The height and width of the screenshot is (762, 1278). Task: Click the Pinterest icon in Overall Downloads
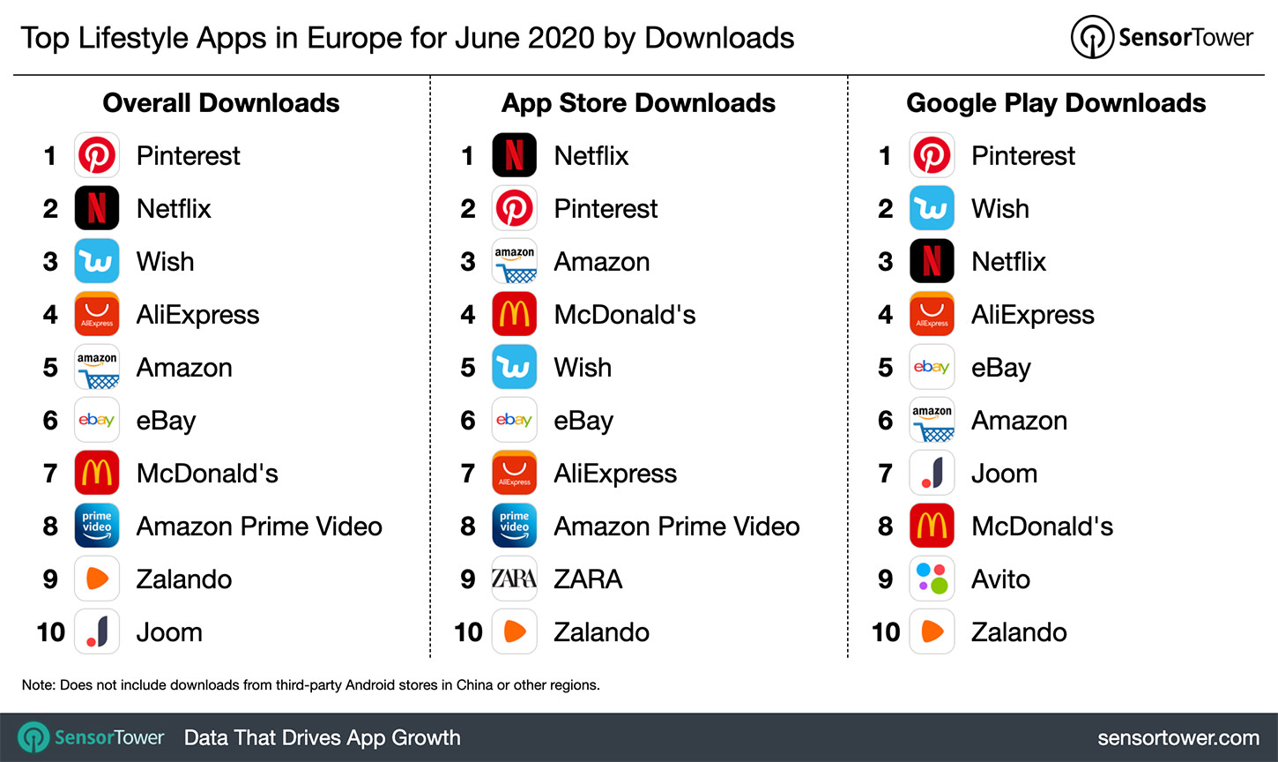point(97,156)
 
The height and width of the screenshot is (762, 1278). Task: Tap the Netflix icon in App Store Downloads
point(515,156)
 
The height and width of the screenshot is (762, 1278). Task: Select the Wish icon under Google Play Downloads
point(932,209)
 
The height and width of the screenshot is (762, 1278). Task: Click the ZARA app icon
point(515,579)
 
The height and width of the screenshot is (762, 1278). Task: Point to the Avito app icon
point(932,579)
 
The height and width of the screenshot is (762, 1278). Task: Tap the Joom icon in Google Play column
point(932,474)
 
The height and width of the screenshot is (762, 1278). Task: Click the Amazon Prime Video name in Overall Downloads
point(259,527)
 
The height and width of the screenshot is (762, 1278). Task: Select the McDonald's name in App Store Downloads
point(624,315)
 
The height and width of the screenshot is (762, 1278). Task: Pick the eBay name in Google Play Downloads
point(1000,369)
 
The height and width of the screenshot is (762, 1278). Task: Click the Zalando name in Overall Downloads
point(184,579)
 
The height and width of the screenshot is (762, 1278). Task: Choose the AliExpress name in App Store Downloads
point(615,474)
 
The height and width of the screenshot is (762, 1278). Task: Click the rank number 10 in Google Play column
point(886,632)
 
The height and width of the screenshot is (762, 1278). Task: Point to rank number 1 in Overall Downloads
point(50,156)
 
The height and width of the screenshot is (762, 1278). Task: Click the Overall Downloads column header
point(221,103)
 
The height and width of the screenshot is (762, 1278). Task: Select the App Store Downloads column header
point(638,103)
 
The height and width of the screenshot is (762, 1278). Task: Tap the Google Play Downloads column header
point(1056,103)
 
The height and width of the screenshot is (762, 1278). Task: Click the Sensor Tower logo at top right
point(1162,38)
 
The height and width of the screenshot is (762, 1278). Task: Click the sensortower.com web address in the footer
point(1178,738)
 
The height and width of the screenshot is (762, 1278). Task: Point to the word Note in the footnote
point(37,685)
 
